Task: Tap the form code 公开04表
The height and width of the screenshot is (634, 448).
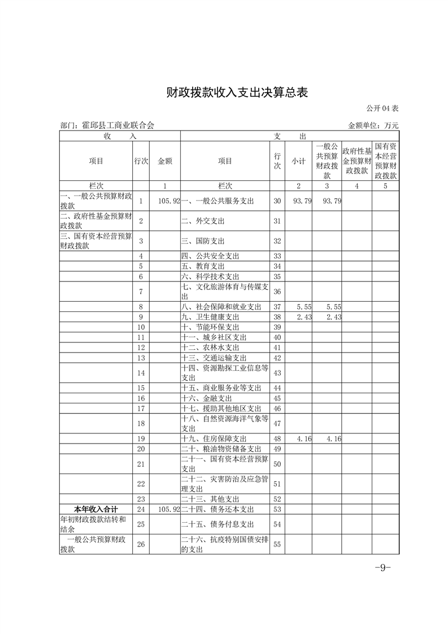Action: click(382, 108)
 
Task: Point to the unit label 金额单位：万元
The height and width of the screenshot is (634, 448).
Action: click(373, 125)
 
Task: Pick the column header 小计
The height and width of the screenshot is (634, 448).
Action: click(298, 161)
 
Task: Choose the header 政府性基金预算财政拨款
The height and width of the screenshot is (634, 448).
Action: click(356, 161)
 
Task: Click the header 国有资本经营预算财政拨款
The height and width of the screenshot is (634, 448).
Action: click(385, 161)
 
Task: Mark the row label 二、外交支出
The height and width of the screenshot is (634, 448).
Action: click(205, 221)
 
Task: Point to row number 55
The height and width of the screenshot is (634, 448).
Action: click(277, 545)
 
